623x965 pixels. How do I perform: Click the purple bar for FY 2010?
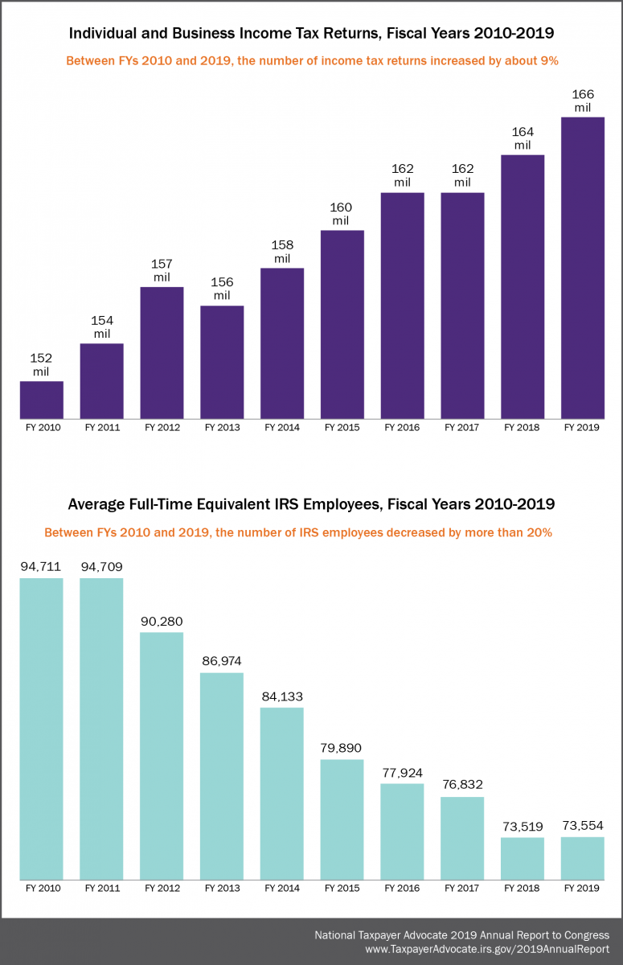click(42, 400)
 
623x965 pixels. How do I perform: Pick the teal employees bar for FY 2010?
click(42, 728)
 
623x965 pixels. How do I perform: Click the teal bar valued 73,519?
click(522, 858)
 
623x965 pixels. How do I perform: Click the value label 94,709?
click(101, 567)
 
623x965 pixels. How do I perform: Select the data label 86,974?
click(221, 661)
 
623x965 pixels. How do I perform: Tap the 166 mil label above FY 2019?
click(582, 101)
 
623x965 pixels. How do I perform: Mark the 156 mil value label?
click(221, 289)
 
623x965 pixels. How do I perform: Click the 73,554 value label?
click(582, 826)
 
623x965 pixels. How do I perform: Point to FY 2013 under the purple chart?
click(222, 428)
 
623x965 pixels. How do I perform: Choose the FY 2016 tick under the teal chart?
click(402, 889)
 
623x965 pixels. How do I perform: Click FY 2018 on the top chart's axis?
click(522, 428)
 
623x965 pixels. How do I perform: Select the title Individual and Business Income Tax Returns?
click(311, 34)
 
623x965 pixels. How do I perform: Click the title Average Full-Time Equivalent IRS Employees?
click(311, 504)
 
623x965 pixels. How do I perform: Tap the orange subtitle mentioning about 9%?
click(311, 61)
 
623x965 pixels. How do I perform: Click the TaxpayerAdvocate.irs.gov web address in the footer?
click(487, 949)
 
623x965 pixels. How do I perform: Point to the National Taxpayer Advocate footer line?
click(461, 935)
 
